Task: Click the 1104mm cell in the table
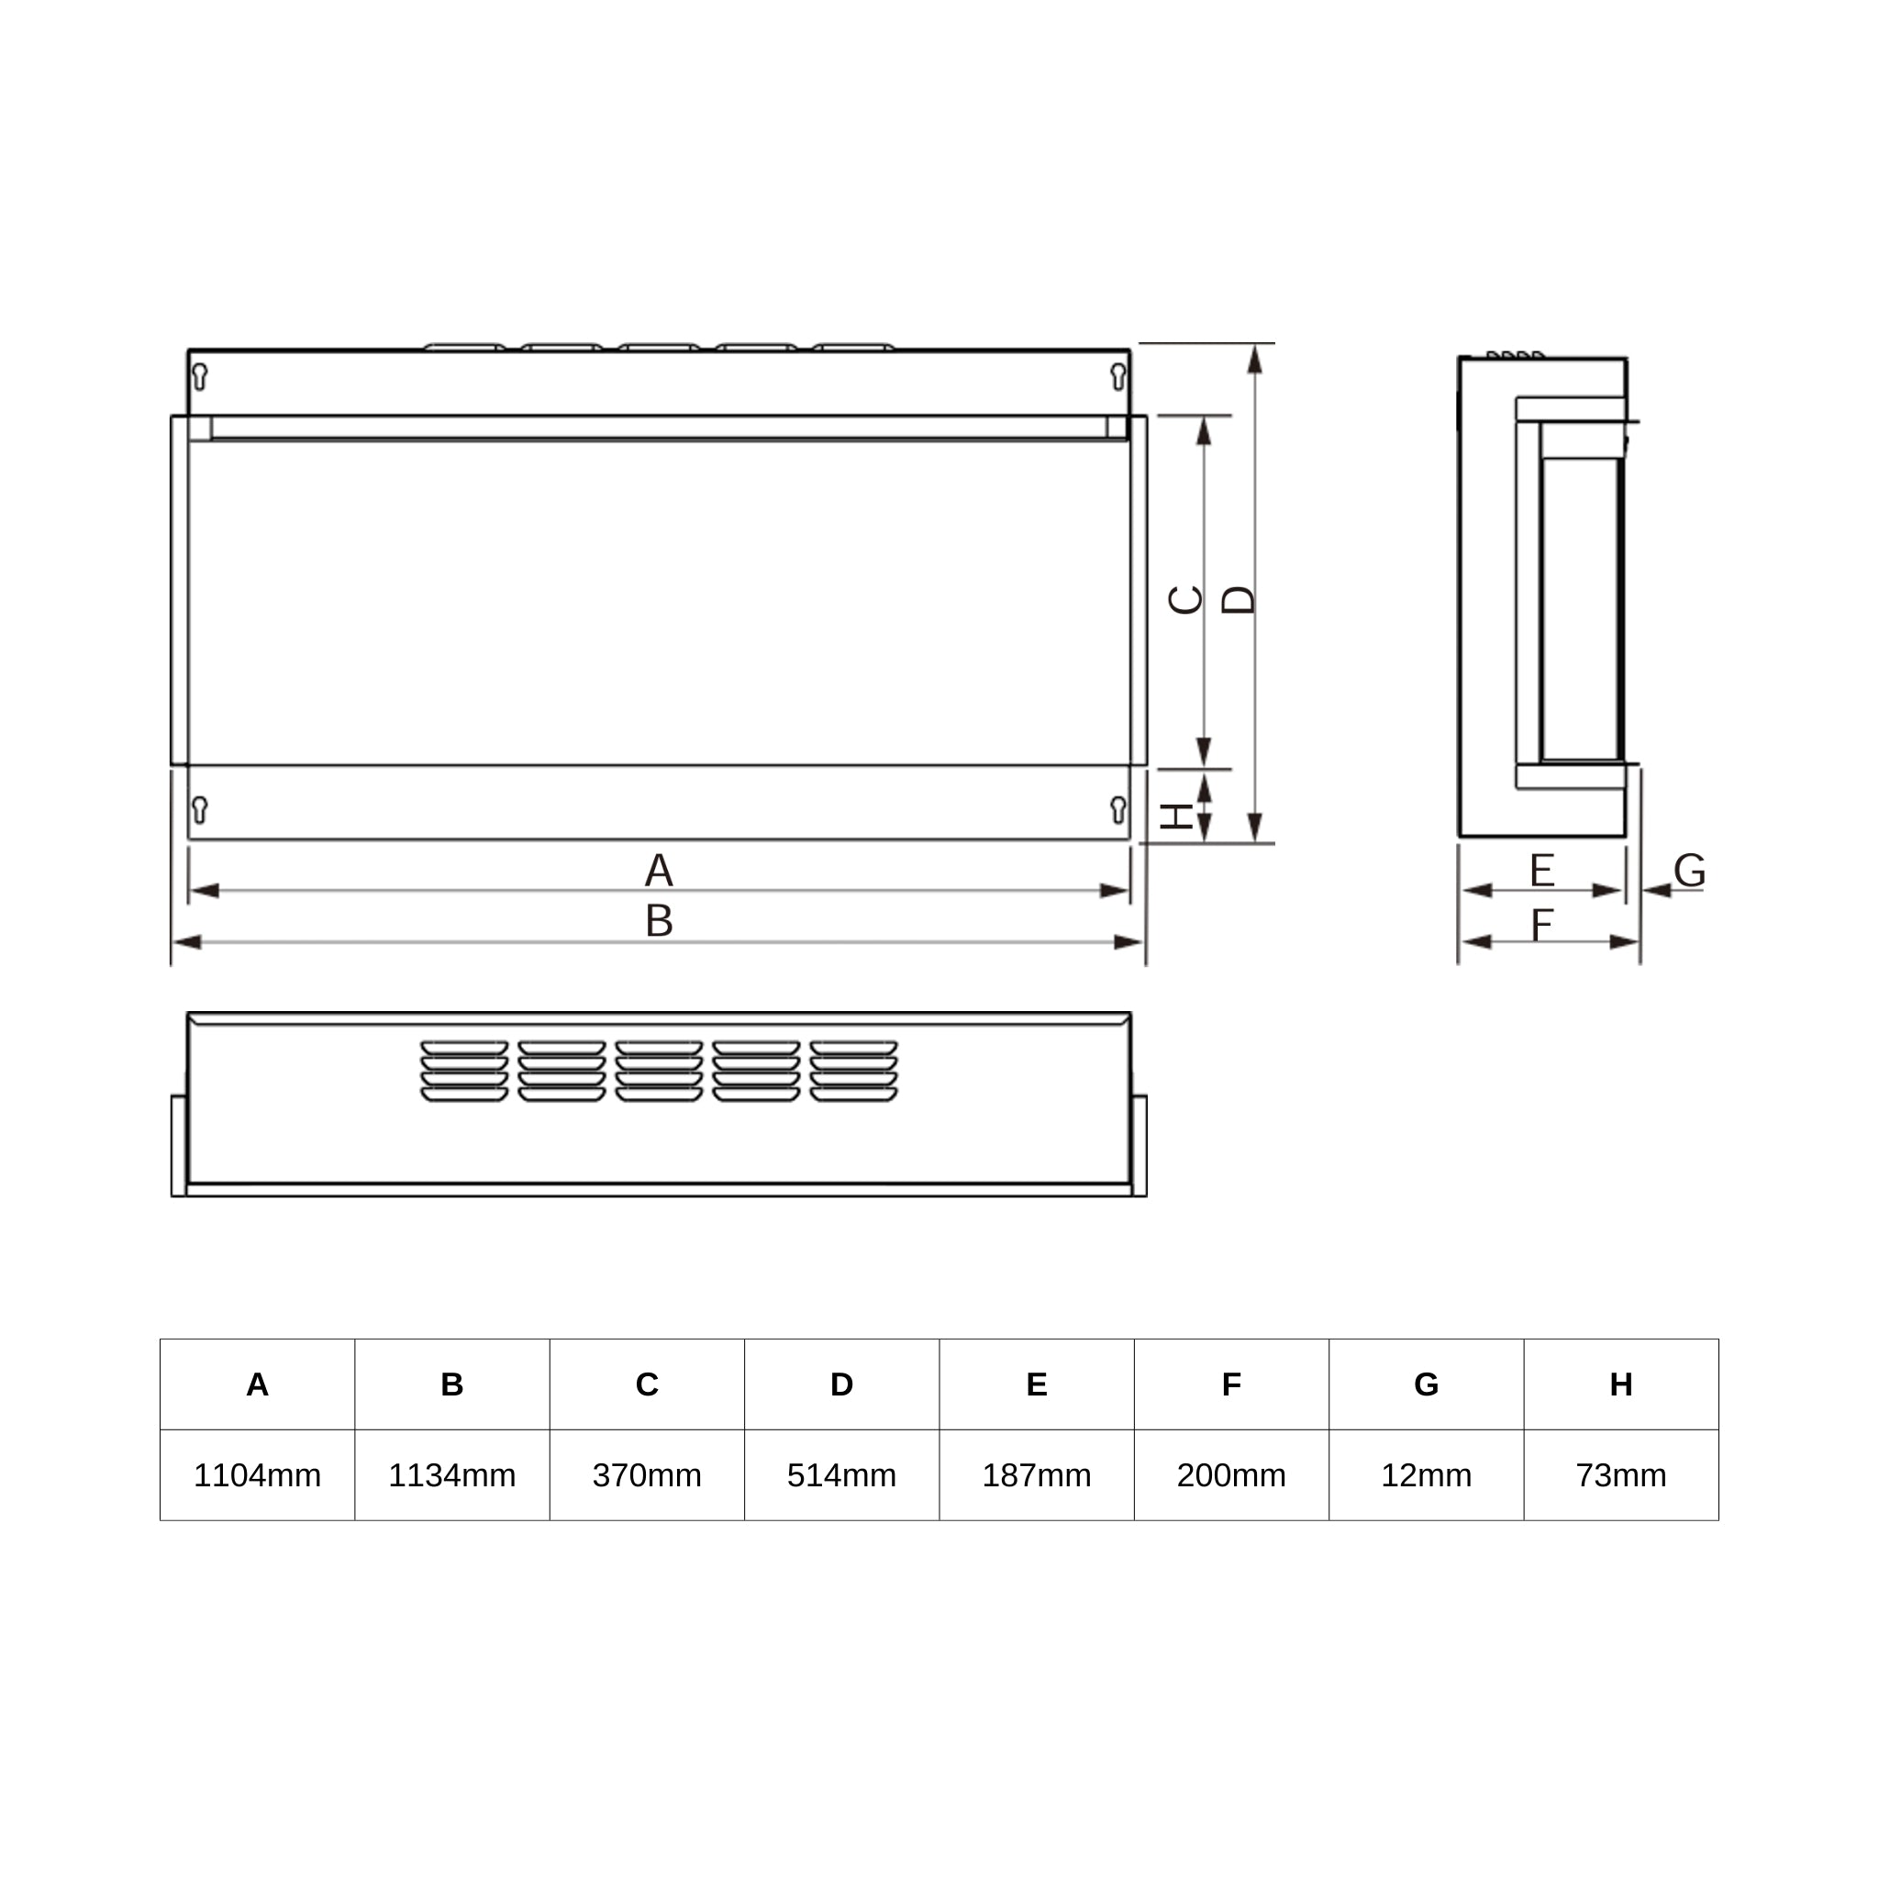click(257, 1475)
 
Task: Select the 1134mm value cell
click(452, 1475)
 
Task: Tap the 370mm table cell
click(647, 1475)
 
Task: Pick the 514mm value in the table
click(841, 1475)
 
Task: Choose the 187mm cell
click(1037, 1475)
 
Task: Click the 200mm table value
click(1231, 1475)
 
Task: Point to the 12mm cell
click(1427, 1475)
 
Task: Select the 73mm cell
click(1621, 1475)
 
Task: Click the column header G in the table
click(1427, 1384)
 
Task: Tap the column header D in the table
click(841, 1384)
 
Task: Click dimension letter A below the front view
click(659, 870)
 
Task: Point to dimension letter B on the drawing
click(659, 920)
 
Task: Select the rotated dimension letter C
click(1185, 600)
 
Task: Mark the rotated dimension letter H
click(1179, 815)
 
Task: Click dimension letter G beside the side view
click(1689, 870)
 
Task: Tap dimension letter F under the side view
click(1541, 924)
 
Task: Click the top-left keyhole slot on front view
click(200, 376)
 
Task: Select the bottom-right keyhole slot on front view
click(1118, 809)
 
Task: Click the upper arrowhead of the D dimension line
click(1254, 359)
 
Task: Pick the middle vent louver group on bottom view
click(659, 1071)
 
